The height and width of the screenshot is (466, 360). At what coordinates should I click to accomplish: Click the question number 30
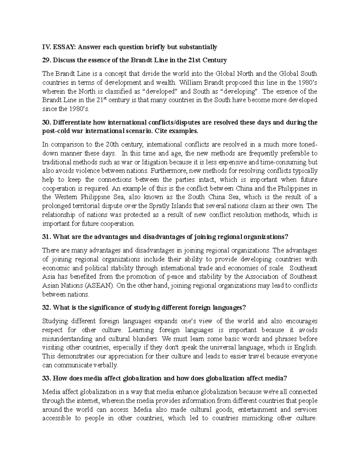click(46, 122)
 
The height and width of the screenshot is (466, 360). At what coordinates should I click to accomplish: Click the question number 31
click(46, 237)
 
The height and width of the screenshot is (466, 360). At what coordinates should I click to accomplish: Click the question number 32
click(46, 308)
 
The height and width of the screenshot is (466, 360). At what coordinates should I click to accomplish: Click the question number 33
click(46, 378)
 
